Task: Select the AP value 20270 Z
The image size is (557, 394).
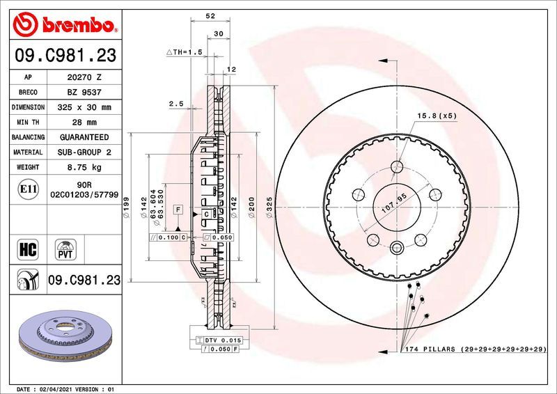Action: pos(84,78)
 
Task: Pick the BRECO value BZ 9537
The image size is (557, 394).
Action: pos(84,93)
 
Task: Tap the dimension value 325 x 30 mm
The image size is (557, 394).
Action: pos(84,108)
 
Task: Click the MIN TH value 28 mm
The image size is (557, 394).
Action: pos(84,123)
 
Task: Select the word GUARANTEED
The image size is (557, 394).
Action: pos(84,138)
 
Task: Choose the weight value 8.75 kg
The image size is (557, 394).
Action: pos(84,168)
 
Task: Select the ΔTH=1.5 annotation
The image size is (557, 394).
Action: pos(184,52)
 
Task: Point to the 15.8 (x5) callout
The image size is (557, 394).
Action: pos(437,116)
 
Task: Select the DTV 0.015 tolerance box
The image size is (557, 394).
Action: pos(221,339)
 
